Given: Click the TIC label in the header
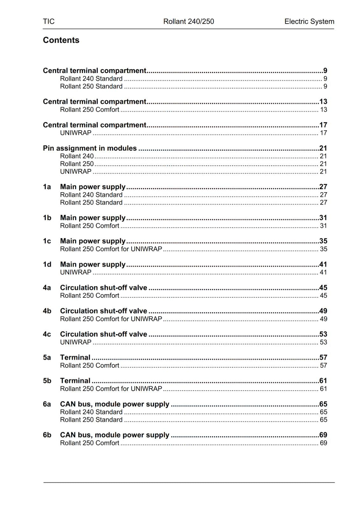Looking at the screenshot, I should [49, 21].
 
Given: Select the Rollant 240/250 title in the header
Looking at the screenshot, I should [189, 21].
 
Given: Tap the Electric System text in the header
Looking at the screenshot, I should [309, 21].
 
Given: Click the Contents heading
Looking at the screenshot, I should [61, 40].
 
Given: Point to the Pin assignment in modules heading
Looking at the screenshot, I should [90, 148].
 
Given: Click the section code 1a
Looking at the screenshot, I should [47, 187].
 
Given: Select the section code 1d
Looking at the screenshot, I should [47, 264].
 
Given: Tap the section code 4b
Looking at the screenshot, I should [47, 311].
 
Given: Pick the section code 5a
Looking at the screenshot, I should [47, 357].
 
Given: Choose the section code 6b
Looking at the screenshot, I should [47, 435].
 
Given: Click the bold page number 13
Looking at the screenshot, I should [323, 102].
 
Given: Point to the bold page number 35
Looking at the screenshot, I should [323, 241].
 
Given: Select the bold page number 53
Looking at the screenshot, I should [323, 334].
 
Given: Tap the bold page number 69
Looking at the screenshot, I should [323, 435].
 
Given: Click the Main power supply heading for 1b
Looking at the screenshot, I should [93, 218].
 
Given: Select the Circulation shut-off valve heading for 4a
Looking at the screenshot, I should [104, 288].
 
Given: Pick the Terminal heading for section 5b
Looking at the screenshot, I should [75, 381].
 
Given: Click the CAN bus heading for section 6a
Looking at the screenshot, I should [114, 404].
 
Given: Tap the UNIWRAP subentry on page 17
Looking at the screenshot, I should [76, 133].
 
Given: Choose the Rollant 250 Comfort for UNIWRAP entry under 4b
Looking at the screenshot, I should [111, 319].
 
